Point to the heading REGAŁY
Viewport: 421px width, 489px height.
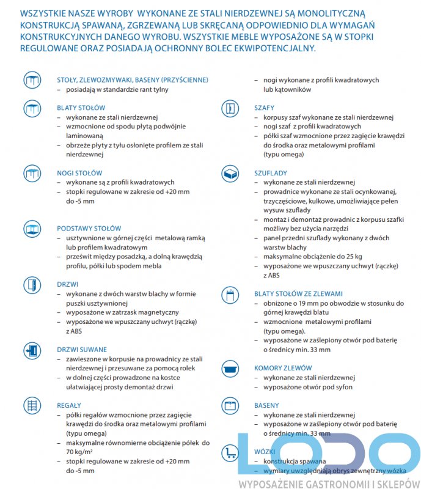(x=69, y=405)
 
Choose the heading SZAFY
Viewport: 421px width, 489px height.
(x=265, y=108)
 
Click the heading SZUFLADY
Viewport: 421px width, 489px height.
(x=270, y=173)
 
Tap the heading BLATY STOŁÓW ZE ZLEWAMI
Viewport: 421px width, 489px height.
(x=298, y=294)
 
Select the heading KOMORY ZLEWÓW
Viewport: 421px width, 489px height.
(x=283, y=368)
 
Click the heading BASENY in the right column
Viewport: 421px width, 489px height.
(x=266, y=405)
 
